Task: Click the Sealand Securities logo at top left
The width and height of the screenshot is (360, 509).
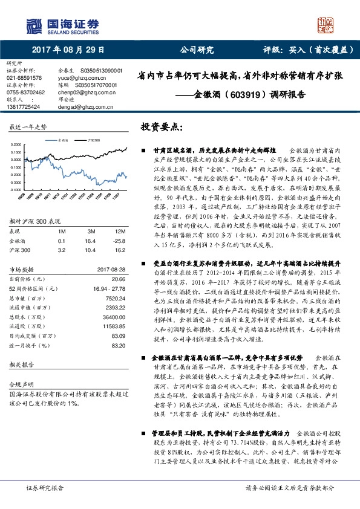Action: point(61,25)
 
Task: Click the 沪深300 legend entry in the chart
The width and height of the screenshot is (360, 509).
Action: point(91,139)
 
